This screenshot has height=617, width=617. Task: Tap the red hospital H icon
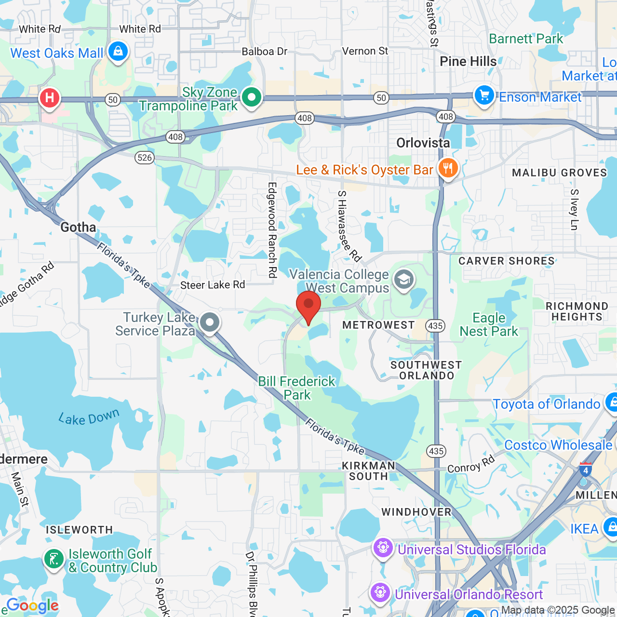click(49, 98)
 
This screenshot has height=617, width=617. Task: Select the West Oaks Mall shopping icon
click(118, 51)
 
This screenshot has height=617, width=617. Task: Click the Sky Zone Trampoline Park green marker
click(251, 97)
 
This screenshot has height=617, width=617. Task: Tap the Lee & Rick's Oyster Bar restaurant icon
click(448, 168)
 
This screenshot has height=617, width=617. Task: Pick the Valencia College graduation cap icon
click(404, 280)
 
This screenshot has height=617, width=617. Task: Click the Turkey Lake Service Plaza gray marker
click(210, 322)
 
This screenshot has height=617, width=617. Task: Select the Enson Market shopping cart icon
click(484, 95)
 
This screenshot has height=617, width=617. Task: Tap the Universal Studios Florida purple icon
click(383, 548)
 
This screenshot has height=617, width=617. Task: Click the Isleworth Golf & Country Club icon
click(54, 559)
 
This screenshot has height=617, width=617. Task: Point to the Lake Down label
click(89, 417)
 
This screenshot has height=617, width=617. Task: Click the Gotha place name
click(78, 227)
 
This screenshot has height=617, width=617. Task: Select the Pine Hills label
click(468, 62)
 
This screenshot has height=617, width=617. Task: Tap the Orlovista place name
click(423, 143)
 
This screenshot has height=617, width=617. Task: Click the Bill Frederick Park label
click(296, 388)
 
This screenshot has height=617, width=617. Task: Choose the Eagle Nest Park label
click(489, 324)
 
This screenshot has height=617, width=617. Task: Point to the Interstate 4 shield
click(585, 469)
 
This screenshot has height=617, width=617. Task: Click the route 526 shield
click(145, 157)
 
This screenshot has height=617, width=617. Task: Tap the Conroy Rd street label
click(471, 464)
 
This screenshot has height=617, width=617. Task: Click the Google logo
click(33, 605)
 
